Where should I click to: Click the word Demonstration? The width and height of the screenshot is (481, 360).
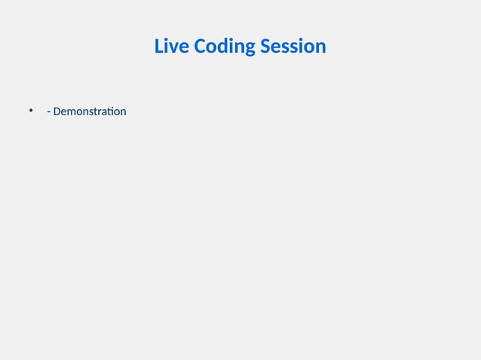90,111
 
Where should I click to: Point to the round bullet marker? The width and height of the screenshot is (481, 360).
32,111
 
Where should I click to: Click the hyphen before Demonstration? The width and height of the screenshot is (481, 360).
48,112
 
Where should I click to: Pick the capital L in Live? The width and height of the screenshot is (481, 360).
159,46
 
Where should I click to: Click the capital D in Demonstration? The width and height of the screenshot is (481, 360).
57,111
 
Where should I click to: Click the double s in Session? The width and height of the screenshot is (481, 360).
291,47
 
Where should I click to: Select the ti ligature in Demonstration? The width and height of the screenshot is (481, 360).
110,111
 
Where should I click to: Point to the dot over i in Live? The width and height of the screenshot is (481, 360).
167,39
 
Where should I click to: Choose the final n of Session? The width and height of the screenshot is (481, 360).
320,47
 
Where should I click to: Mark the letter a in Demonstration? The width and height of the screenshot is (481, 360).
103,112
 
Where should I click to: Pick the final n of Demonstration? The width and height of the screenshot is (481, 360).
123,112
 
